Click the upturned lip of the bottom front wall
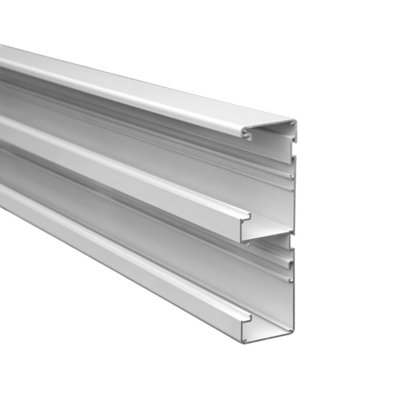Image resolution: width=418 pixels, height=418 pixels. (249, 317)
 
